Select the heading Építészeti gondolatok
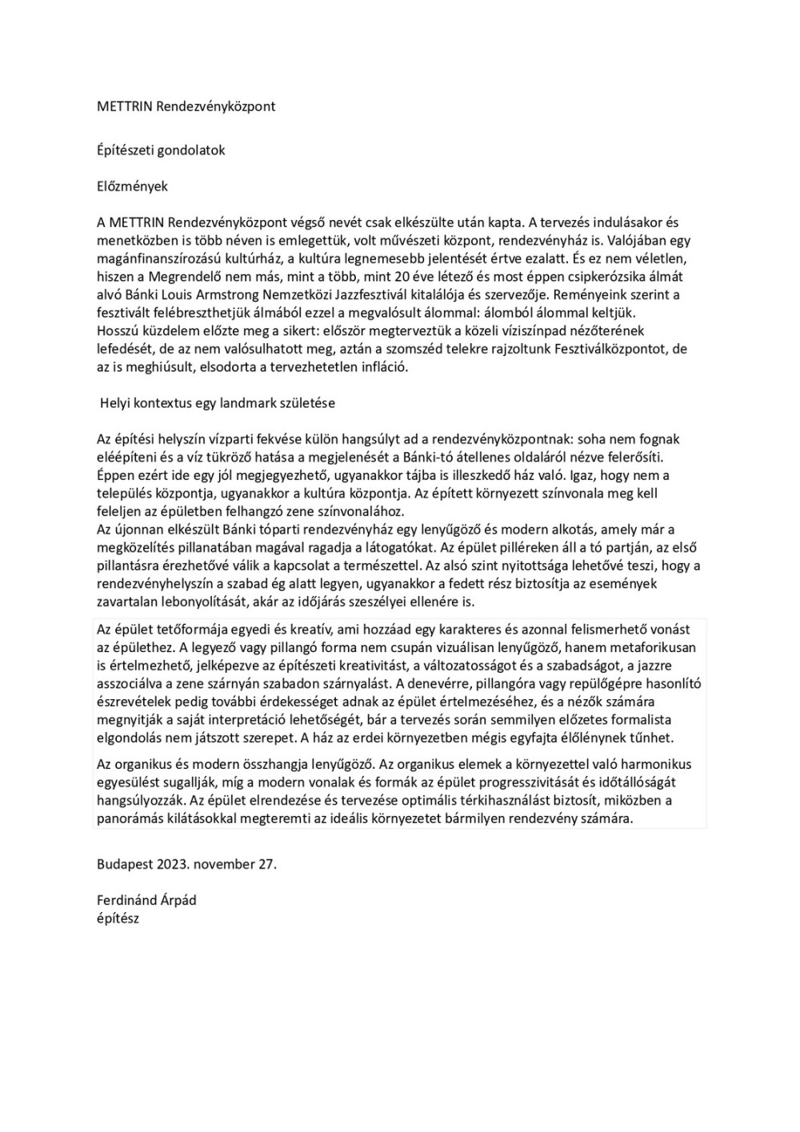point(161,150)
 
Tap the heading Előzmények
point(132,186)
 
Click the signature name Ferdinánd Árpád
point(146,900)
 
